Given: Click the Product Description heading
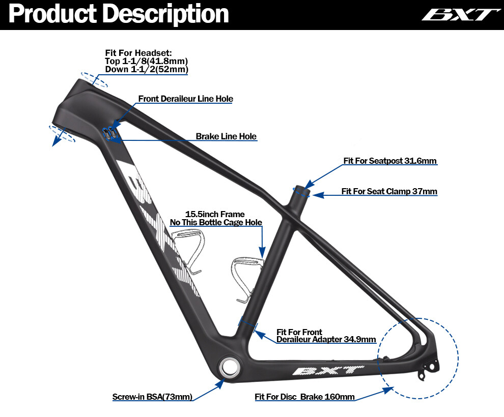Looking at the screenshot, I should pyautogui.click(x=119, y=14).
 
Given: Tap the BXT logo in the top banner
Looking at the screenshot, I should pyautogui.click(x=458, y=14).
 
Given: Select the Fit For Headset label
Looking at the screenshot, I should pyautogui.click(x=138, y=53).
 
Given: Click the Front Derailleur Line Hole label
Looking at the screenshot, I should pyautogui.click(x=185, y=99).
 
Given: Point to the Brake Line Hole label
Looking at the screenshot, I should pyautogui.click(x=226, y=137).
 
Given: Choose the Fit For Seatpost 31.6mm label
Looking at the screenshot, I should pyautogui.click(x=390, y=161).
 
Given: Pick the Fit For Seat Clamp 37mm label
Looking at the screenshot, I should pyautogui.click(x=389, y=192).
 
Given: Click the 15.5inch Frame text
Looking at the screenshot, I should pyautogui.click(x=215, y=214).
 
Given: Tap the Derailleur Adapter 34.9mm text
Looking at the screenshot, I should pyautogui.click(x=326, y=339).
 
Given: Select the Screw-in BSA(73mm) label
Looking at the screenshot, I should pyautogui.click(x=152, y=397).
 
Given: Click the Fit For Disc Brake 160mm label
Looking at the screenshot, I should pyautogui.click(x=304, y=397).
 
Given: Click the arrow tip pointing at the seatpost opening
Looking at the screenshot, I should pyautogui.click(x=306, y=185).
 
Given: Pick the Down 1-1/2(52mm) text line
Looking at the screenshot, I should pyautogui.click(x=146, y=69).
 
